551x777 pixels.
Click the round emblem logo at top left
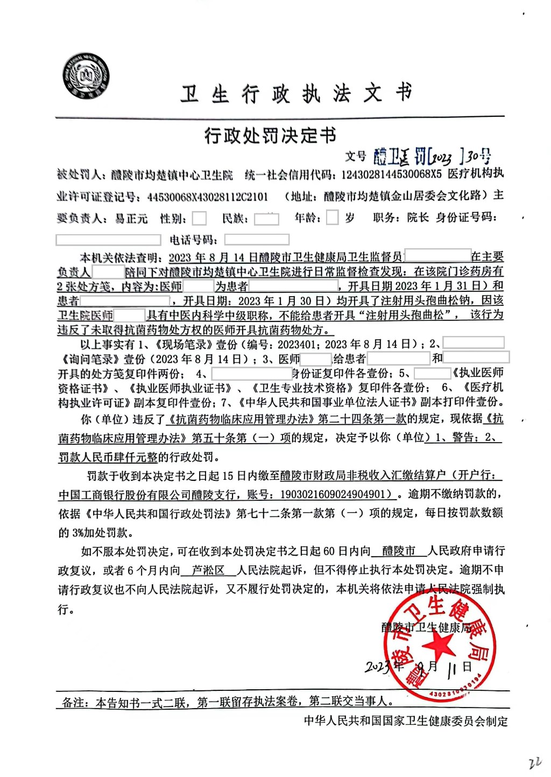(x=86, y=76)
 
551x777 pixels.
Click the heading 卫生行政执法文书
(x=296, y=94)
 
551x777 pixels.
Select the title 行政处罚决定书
(x=270, y=135)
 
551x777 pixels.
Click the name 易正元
(x=131, y=219)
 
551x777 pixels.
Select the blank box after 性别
(x=199, y=218)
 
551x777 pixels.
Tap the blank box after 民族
(x=266, y=219)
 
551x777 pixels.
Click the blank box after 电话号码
(x=257, y=240)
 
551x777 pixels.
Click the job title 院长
(x=418, y=218)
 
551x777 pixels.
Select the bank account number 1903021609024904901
(x=331, y=494)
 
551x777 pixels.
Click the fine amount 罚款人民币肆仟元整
(x=108, y=458)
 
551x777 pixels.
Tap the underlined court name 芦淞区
(x=208, y=570)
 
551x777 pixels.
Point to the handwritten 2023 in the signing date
(x=379, y=667)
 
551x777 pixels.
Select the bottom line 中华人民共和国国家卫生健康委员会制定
(x=406, y=721)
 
